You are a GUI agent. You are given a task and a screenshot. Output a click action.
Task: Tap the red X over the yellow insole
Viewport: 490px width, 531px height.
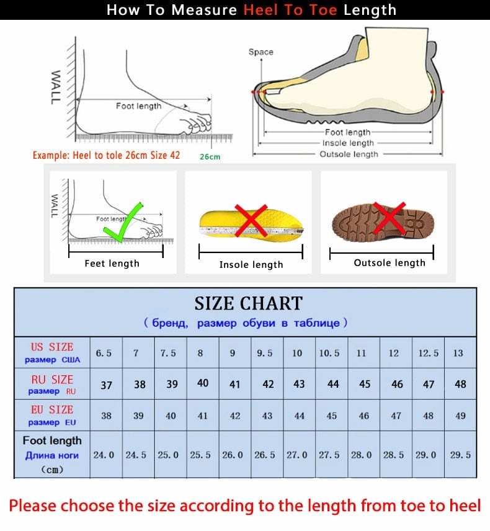click(251, 220)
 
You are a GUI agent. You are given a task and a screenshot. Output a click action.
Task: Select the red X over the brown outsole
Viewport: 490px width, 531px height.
click(390, 218)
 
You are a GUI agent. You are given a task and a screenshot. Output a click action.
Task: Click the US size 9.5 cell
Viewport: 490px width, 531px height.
click(265, 353)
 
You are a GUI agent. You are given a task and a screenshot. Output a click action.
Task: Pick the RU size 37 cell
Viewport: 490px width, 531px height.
click(107, 385)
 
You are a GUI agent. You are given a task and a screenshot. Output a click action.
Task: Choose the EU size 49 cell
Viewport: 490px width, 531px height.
click(459, 416)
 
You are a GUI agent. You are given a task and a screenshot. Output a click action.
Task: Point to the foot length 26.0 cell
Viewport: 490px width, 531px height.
click(233, 455)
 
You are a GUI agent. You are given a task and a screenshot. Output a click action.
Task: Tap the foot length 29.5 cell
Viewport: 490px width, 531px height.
click(460, 455)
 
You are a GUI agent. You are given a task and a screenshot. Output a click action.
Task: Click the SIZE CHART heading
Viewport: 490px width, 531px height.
click(248, 303)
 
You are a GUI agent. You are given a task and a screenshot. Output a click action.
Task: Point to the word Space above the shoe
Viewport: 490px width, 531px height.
click(261, 52)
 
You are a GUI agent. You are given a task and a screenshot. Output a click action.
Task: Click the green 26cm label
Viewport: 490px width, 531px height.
click(210, 157)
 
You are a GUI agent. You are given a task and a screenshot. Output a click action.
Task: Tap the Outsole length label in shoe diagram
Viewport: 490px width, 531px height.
click(349, 154)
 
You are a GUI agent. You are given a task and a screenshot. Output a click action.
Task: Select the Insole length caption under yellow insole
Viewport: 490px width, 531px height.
click(251, 265)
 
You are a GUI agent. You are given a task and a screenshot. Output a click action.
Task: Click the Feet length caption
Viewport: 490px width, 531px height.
click(112, 264)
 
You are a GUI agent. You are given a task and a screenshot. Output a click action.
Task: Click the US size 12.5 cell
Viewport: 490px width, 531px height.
click(428, 353)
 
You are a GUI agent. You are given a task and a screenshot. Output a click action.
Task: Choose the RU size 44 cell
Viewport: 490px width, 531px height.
click(333, 385)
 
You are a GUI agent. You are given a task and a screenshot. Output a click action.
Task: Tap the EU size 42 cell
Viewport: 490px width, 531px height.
click(235, 416)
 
